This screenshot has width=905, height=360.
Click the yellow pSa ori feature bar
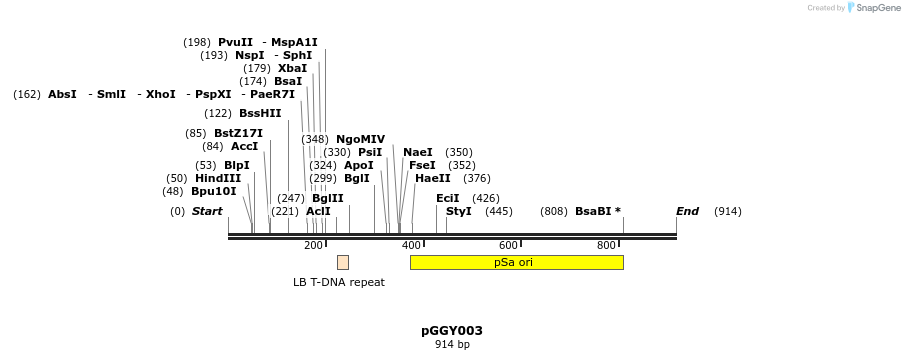pos(516,262)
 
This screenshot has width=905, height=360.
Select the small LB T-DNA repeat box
pos(343,262)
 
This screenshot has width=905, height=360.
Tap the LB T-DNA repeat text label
pos(338,282)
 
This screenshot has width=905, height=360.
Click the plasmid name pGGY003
pos(452,331)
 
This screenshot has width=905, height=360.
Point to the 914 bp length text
pos(452,345)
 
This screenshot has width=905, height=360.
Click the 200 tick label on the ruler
pos(313,246)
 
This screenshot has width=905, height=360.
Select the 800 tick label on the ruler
pos(606,246)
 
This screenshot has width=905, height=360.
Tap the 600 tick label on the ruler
pos(508,246)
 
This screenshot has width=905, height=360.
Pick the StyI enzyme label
pos(458,211)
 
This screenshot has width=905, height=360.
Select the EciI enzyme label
pos(448,198)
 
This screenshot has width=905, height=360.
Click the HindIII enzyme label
pos(218,178)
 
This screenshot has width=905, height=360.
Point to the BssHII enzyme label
pos(260,113)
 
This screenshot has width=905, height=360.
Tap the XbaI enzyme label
pos(292,68)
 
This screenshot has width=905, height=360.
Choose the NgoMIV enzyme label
pos(360,139)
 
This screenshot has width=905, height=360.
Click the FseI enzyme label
pos(422,165)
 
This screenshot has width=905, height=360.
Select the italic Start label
pos(207,211)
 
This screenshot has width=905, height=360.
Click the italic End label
pos(687,211)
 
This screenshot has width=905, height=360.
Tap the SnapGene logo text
pos(879,8)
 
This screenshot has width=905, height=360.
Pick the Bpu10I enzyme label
pos(214,191)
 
